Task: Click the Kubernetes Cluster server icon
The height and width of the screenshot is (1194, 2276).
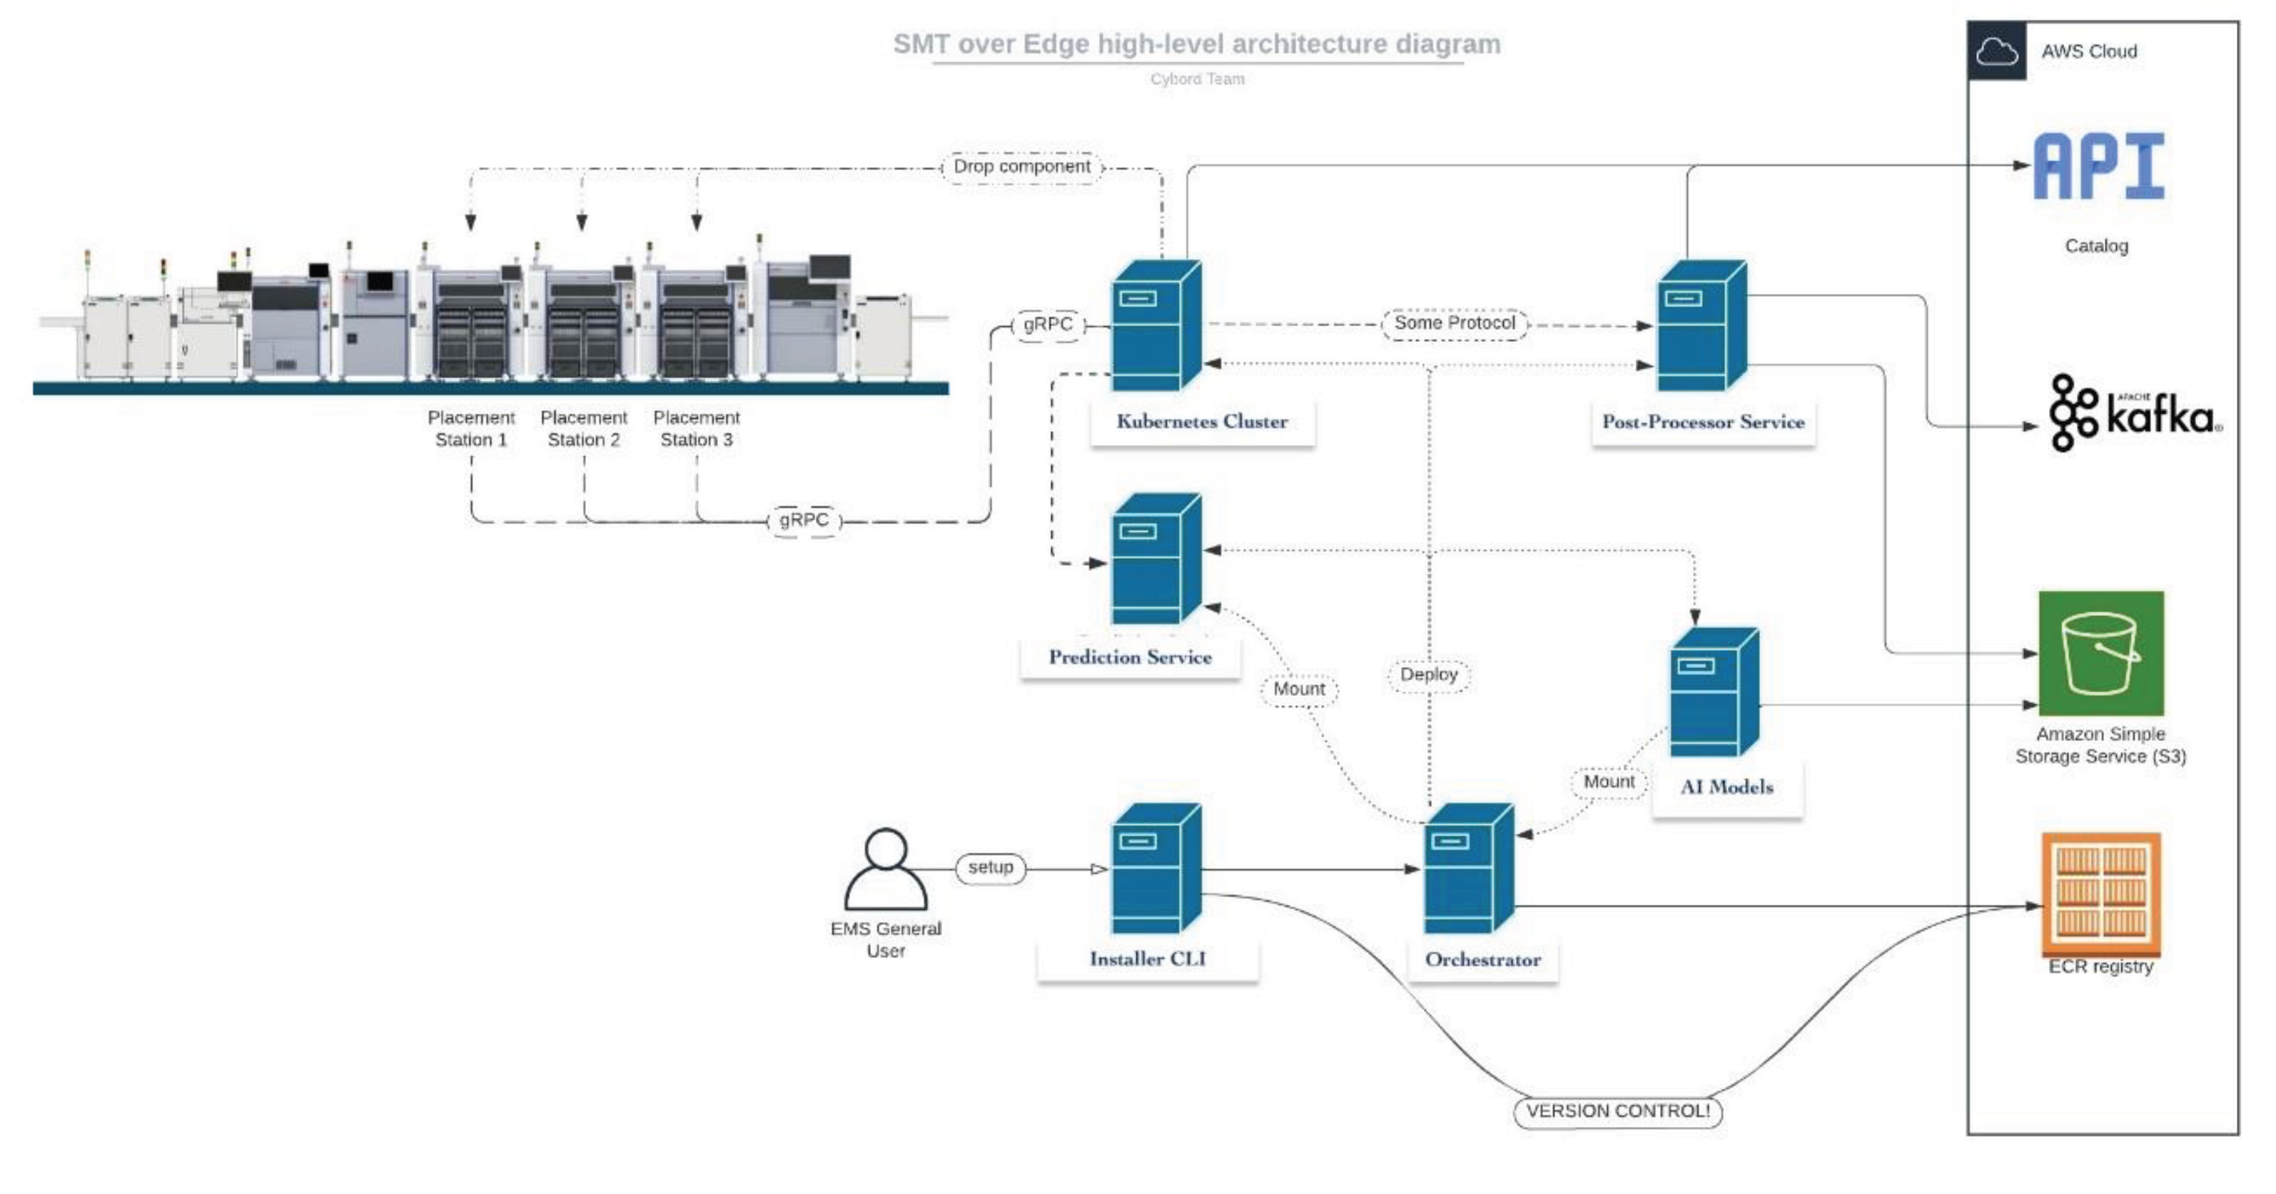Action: tap(1155, 325)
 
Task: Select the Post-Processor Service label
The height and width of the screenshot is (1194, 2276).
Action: tap(1703, 423)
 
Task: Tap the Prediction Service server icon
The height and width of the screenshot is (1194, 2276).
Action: tap(1155, 559)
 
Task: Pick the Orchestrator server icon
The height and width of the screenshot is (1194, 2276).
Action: tap(1468, 868)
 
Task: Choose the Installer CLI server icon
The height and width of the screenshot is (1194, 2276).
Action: tap(1155, 868)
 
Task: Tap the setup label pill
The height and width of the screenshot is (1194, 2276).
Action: tap(990, 868)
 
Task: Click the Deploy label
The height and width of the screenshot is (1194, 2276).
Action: tap(1428, 675)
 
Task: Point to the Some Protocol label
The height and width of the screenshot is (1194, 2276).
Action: tap(1455, 323)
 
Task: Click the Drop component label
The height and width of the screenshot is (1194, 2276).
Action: tap(1021, 167)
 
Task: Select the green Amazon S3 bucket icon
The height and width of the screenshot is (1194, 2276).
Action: tap(2100, 653)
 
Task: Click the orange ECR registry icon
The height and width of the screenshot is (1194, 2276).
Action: tap(2100, 894)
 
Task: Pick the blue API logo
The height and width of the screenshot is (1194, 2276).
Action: tap(2098, 166)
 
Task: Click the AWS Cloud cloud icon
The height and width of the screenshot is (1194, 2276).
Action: tap(1997, 51)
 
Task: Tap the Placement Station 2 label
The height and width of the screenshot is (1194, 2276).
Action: tap(583, 429)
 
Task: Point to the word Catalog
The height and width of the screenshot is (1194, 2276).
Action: tap(2095, 246)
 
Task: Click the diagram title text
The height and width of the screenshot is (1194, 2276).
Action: tap(1196, 44)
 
